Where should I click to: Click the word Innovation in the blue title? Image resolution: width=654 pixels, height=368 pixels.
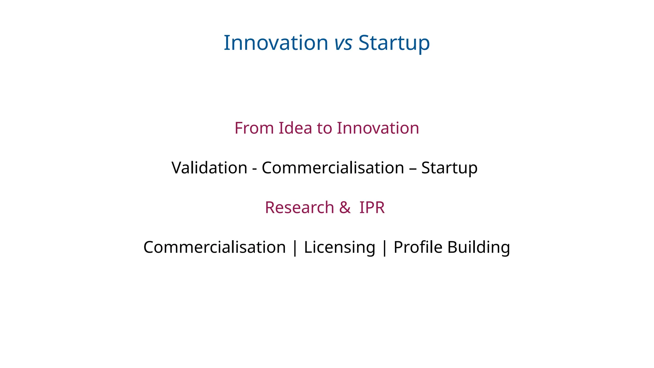coord(276,43)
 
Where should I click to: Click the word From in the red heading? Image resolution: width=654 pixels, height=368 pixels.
coord(254,128)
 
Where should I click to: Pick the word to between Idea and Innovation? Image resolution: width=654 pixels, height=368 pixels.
coord(324,128)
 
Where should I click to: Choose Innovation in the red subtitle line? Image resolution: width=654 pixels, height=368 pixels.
coord(378,128)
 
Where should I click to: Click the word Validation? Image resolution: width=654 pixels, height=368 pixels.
coord(209,168)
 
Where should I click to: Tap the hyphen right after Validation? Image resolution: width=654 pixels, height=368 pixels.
coord(255,169)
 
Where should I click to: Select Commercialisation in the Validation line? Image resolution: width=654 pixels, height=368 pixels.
coord(333,168)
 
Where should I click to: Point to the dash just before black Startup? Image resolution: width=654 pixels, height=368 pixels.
coord(413,169)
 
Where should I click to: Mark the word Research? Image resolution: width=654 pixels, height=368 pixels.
coord(299,208)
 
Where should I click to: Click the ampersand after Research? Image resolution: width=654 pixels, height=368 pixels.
coord(345,208)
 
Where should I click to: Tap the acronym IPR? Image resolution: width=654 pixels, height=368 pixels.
coord(372,208)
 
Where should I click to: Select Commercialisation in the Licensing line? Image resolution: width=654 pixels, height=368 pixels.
coord(214,247)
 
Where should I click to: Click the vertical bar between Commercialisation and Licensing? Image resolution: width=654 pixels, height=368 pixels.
coord(295,248)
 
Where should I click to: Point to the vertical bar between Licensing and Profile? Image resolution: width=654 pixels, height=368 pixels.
coord(384,248)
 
